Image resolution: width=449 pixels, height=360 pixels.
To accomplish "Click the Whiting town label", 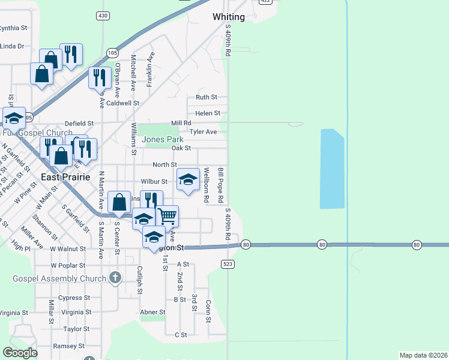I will tap(229, 17).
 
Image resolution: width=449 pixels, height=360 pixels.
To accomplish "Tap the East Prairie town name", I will tap(65, 178).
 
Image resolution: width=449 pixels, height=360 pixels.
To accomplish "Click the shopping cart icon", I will tap(167, 215).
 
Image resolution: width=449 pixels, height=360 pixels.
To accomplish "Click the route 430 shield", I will tap(103, 15).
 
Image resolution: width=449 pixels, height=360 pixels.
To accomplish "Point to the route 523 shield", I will tap(227, 263).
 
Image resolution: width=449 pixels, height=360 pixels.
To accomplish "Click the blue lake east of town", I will tap(332, 169).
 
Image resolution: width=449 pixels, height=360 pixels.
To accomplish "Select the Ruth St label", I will tap(206, 97).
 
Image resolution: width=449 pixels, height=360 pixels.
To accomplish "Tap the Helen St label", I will tap(208, 113).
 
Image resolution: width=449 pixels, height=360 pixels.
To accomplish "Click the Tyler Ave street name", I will tap(203, 132).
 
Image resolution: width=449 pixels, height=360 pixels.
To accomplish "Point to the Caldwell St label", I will tap(124, 103).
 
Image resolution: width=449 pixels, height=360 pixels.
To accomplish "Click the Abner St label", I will tap(152, 312).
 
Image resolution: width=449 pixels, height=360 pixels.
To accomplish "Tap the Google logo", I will tap(20, 353).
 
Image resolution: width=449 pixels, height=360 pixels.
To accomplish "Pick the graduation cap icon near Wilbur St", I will tap(188, 179).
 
